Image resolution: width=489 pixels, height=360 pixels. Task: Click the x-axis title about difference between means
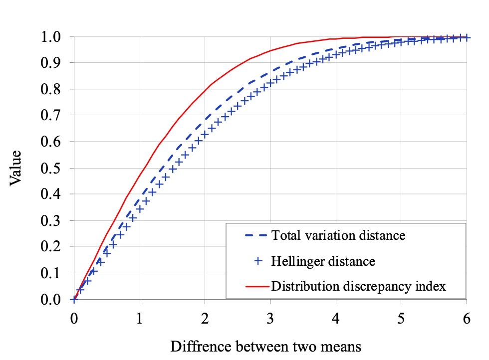coord(265,346)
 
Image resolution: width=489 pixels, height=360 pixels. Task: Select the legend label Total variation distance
coord(338,235)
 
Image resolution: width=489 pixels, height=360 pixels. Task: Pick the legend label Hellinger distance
coord(323,260)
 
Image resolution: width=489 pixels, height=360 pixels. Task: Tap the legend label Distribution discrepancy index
coord(358,286)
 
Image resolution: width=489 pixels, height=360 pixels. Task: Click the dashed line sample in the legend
coord(256,235)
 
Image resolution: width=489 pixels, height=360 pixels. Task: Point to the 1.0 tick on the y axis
coord(51,37)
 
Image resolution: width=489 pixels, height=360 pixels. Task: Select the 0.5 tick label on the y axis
coord(51,168)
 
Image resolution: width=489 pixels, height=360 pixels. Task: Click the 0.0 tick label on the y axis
coord(51,299)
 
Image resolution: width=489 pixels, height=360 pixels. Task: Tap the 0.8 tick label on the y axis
coord(51,89)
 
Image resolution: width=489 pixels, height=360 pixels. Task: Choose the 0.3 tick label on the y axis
coord(51,220)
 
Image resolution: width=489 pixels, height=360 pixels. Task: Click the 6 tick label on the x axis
coord(467,319)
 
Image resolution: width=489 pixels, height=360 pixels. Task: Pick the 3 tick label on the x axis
coord(270,319)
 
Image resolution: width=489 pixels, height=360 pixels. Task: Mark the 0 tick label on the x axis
coord(74,319)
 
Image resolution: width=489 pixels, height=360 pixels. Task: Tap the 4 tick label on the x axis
coord(336,319)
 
